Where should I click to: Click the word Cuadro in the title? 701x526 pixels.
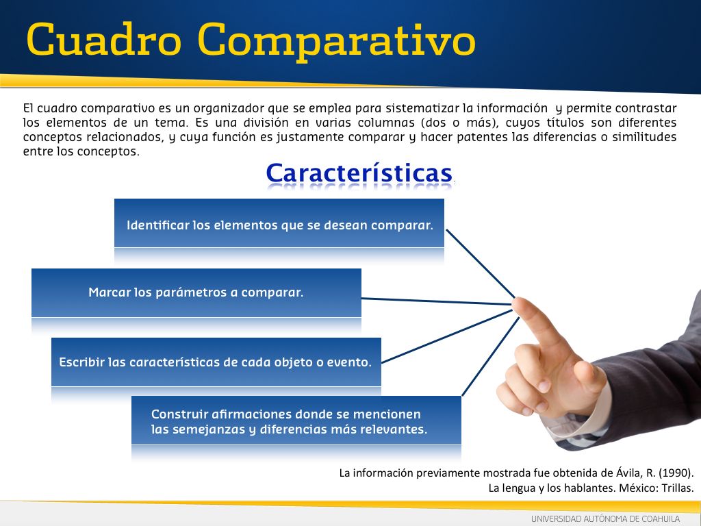pyautogui.click(x=104, y=39)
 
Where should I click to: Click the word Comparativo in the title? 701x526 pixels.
pyautogui.click(x=336, y=41)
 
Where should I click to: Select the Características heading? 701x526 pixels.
pyautogui.click(x=359, y=173)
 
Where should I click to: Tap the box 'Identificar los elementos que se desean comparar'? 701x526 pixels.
pyautogui.click(x=279, y=223)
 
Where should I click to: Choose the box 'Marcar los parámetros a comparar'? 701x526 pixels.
pyautogui.click(x=196, y=292)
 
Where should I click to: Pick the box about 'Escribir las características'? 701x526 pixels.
pyautogui.click(x=216, y=362)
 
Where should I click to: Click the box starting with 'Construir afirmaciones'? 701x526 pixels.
pyautogui.click(x=296, y=421)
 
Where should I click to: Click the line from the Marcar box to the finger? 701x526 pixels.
pyautogui.click(x=436, y=301)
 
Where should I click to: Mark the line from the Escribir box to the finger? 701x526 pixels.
pyautogui.click(x=446, y=336)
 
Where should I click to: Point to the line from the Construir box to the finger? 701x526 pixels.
pyautogui.click(x=490, y=356)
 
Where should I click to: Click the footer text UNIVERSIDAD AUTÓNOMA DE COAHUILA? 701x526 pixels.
pyautogui.click(x=605, y=519)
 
